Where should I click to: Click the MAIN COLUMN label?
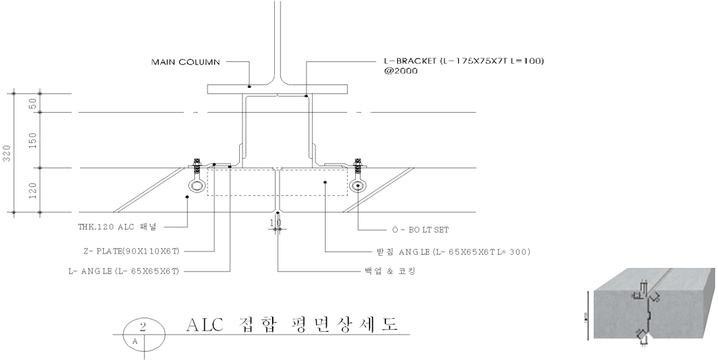tap(186, 62)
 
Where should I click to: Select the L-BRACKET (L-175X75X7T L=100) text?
tap(463, 61)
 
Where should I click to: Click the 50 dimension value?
tap(32, 103)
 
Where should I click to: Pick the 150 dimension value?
tap(32, 140)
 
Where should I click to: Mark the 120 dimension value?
tap(32, 190)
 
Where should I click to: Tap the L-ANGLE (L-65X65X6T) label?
tap(123, 271)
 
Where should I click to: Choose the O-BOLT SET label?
tap(416, 229)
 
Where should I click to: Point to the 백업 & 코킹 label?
tap(388, 271)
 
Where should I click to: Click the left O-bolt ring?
tap(197, 185)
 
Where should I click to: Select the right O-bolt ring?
tap(357, 185)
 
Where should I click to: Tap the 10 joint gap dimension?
tap(276, 223)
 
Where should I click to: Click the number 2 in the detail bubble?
tap(143, 327)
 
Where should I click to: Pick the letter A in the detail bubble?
tap(135, 341)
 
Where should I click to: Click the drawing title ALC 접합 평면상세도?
tap(292, 324)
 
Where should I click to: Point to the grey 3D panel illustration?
tap(654, 303)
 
